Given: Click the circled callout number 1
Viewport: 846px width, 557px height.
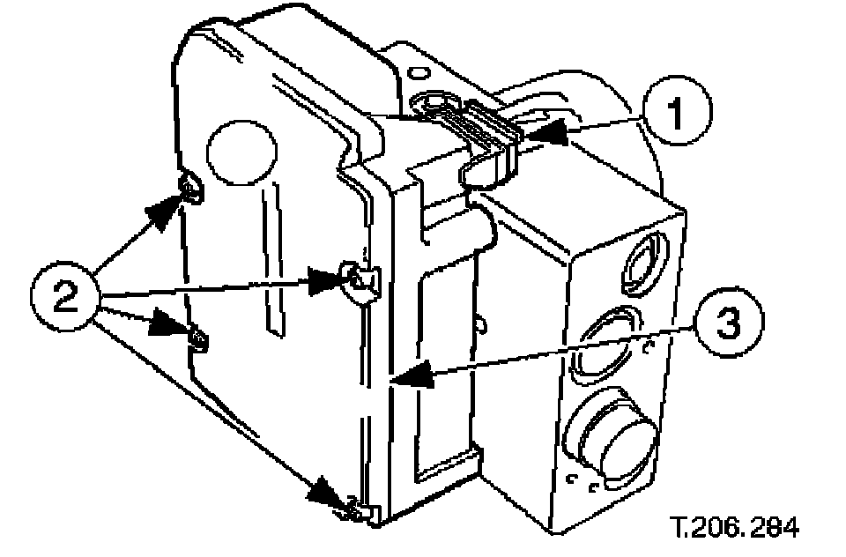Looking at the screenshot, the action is (675, 114).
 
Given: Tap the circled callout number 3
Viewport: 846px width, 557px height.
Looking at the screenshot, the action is (724, 324).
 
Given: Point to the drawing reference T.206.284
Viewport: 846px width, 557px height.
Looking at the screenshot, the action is (734, 528).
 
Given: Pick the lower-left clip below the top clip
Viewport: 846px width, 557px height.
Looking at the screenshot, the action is (199, 336).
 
